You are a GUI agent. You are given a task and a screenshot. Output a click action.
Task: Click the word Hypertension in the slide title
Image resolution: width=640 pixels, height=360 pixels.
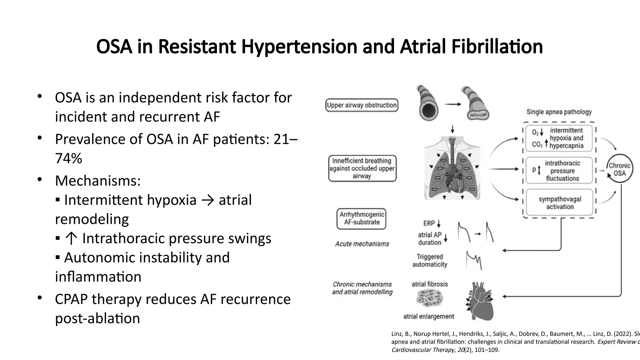(x=299, y=47)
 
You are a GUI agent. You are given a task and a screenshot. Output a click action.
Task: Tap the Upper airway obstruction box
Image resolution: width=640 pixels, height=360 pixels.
(x=362, y=105)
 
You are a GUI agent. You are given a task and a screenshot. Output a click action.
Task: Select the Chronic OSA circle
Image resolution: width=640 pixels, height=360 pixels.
(x=619, y=169)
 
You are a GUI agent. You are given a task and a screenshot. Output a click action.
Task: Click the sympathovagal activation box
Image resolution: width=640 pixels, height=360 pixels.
(x=559, y=203)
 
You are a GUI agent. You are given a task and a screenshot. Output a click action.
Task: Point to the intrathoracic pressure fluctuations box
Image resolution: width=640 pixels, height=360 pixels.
(x=559, y=171)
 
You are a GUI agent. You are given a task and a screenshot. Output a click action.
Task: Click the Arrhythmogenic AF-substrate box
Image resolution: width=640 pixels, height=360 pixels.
(x=362, y=218)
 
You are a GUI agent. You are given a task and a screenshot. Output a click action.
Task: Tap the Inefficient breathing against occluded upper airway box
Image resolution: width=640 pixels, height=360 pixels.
(x=362, y=168)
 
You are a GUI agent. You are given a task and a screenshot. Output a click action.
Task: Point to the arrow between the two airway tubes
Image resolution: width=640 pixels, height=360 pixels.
(x=453, y=104)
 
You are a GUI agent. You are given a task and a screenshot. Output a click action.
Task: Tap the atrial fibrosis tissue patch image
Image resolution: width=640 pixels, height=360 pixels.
(x=429, y=297)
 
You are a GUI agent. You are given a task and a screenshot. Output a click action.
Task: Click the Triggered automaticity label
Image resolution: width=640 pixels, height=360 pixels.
(x=430, y=261)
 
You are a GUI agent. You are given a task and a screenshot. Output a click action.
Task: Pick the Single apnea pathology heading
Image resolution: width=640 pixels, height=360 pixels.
(x=559, y=112)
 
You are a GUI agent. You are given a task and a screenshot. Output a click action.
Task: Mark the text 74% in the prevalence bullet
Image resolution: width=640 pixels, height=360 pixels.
(x=68, y=158)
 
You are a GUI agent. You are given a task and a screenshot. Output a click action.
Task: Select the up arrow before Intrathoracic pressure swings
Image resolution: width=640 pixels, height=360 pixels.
(x=71, y=239)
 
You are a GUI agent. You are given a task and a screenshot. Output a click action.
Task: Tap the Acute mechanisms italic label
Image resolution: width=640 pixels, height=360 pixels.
(x=362, y=244)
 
